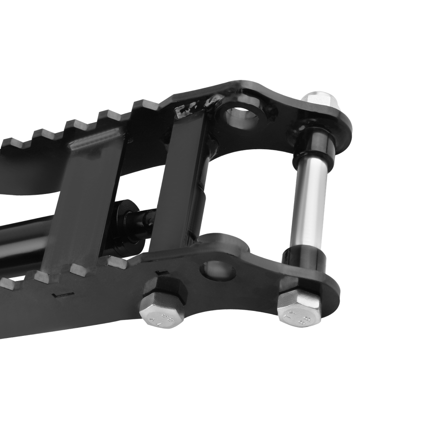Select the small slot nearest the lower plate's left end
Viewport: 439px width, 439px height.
pyautogui.click(x=59, y=295)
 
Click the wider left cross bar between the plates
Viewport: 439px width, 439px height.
pyautogui.click(x=83, y=202)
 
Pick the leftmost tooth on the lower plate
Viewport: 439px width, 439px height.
pyautogui.click(x=10, y=282)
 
